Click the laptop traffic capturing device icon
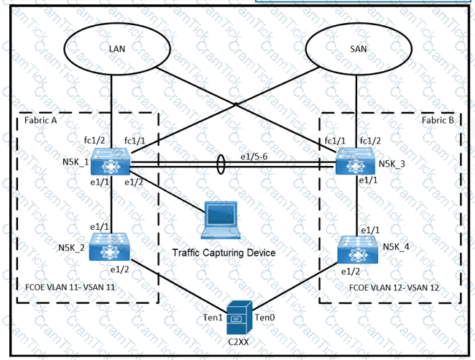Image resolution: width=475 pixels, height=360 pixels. coord(222,223)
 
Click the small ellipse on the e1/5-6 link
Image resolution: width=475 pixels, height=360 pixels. coord(221,167)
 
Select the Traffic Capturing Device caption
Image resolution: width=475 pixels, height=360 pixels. coord(224,253)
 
